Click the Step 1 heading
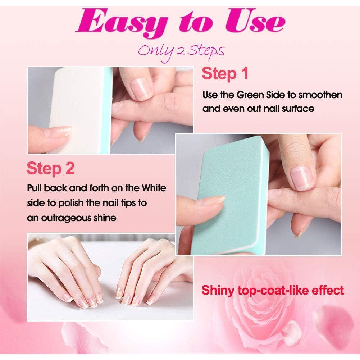(225, 74)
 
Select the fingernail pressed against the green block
(216, 199)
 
